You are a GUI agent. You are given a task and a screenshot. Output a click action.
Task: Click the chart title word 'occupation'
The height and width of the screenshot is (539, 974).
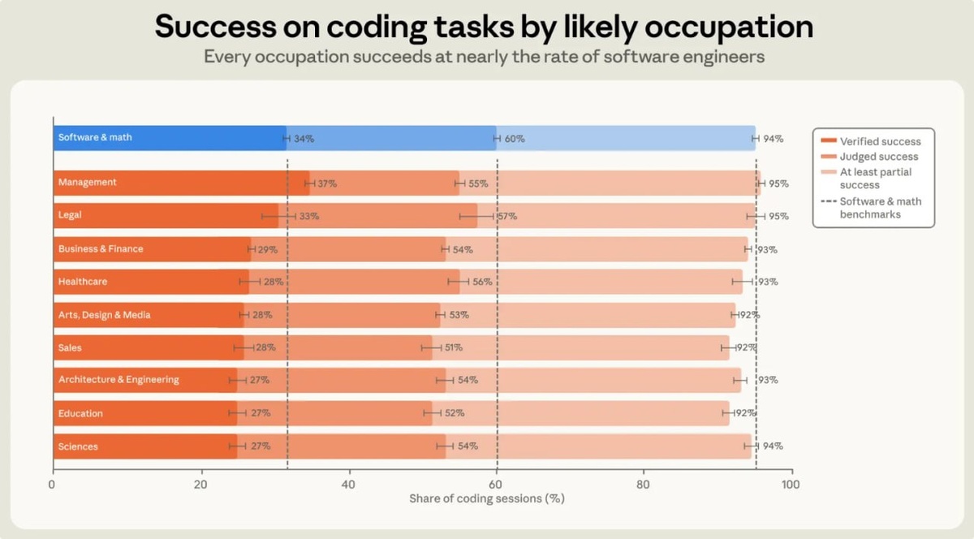729,28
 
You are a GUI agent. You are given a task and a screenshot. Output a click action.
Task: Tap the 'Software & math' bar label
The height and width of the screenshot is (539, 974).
95,137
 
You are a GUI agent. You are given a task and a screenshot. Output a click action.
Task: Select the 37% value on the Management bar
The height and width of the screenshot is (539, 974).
327,183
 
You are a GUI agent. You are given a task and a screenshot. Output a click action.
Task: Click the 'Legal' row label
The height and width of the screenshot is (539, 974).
70,215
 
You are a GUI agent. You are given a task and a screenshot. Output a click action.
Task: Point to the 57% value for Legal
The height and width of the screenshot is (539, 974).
507,216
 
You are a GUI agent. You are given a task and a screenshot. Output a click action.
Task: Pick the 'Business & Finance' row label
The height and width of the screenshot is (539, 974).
101,249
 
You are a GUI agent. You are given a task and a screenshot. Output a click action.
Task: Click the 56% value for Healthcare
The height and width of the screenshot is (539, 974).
482,282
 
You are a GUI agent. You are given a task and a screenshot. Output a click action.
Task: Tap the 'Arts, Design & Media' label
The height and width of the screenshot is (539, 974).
105,315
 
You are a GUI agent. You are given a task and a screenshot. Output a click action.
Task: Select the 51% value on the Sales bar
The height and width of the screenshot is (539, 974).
453,347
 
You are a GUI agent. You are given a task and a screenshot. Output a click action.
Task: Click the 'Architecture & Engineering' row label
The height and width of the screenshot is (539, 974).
119,379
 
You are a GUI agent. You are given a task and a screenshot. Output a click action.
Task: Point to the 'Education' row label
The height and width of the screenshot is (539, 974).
80,413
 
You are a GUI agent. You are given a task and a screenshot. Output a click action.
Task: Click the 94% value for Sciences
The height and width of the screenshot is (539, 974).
773,446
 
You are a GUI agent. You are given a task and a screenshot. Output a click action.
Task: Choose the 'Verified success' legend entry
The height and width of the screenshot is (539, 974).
870,141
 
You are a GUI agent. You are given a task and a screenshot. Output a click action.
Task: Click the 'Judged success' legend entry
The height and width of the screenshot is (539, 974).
869,157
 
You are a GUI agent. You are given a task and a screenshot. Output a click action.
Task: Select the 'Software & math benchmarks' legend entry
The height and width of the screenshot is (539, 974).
871,208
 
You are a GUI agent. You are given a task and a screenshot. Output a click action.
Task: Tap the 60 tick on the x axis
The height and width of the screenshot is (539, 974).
496,485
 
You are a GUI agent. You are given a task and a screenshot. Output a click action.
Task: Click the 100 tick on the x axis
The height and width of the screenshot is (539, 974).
790,485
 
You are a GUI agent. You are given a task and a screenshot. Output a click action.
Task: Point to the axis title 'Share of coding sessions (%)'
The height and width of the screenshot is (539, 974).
487,498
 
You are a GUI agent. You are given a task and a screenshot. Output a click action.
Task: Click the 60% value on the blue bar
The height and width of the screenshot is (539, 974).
515,139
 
